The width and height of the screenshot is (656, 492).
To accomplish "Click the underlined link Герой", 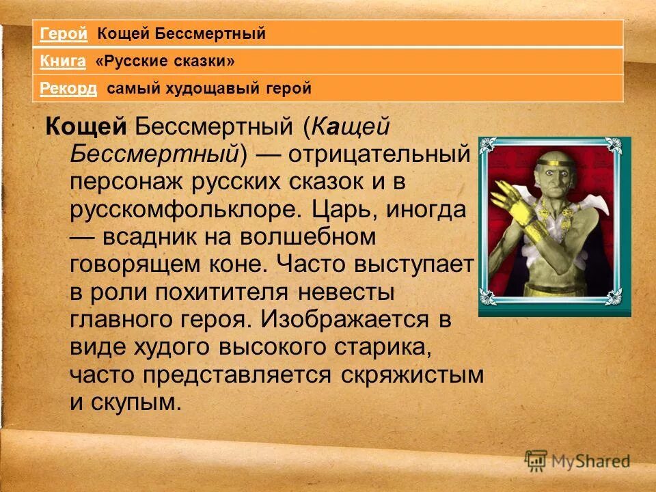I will pyautogui.click(x=63, y=33).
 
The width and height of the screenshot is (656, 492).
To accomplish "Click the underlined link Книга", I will pyautogui.click(x=62, y=61).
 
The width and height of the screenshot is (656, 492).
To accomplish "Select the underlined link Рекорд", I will pyautogui.click(x=68, y=88).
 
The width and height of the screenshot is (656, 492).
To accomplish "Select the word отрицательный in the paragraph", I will pyautogui.click(x=379, y=153).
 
